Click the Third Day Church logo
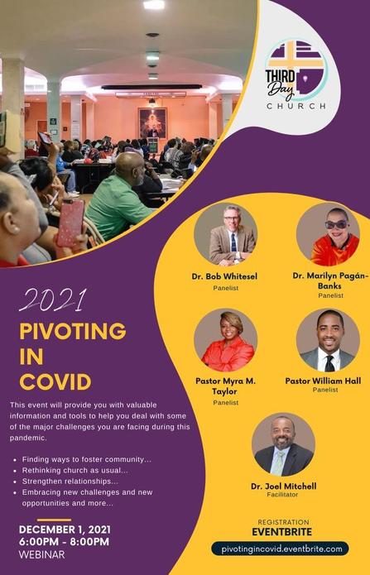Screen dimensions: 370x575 tap(296, 75)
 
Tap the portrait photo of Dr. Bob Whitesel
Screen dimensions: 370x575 tap(225, 233)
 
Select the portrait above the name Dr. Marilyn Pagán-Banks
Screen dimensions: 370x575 tap(328, 233)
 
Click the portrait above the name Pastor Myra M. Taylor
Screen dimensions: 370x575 tap(225, 340)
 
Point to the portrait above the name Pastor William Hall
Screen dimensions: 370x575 tap(328, 340)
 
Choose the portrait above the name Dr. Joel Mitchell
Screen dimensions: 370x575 tap(283, 444)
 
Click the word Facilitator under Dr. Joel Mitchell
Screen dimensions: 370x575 tap(282, 495)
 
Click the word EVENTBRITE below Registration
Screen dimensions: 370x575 tap(282, 532)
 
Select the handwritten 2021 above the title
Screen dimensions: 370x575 tap(52, 300)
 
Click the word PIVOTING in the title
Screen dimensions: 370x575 tap(73, 331)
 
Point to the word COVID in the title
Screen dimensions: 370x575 tap(55, 382)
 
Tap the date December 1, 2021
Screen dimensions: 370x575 tap(65, 529)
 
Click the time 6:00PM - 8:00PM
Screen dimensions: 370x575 tap(64, 542)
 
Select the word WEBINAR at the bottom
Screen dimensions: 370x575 tap(42, 554)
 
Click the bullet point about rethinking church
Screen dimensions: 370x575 tap(71, 471)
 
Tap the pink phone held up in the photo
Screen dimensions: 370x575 tap(70, 223)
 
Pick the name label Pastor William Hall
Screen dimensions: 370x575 tap(323, 381)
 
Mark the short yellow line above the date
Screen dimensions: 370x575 tap(54, 520)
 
